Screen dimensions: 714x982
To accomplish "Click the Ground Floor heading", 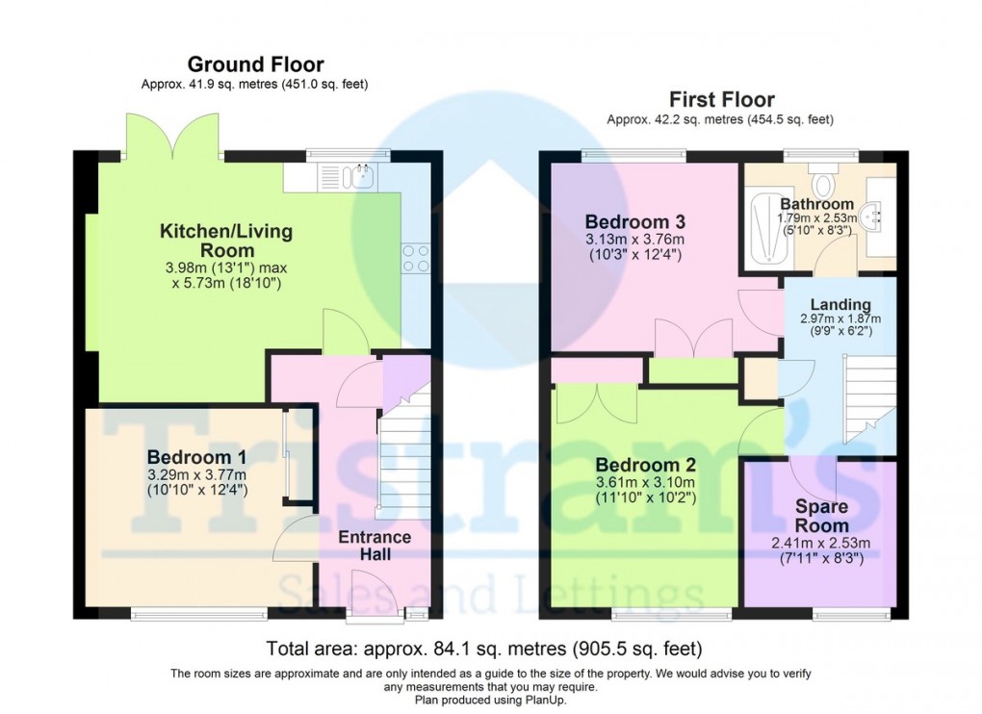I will [255, 64].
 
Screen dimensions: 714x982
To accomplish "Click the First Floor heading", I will [721, 99].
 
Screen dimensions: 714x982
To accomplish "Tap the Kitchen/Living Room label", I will [225, 242].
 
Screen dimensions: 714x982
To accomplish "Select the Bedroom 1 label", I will [196, 456].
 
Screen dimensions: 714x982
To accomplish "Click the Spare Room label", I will [821, 516].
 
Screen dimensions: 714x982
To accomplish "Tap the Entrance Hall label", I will [375, 546].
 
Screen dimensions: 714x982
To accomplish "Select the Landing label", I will [840, 305].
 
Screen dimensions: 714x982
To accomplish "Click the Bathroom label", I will [816, 204].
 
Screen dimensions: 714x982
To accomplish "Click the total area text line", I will [490, 648].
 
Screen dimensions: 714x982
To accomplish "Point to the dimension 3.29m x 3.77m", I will [196, 474].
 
